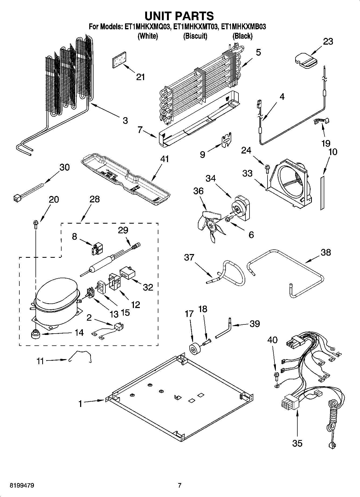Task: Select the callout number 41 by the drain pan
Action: (165, 159)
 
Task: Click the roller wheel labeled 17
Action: (193, 350)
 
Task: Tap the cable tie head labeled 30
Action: (17, 198)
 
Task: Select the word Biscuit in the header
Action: (195, 36)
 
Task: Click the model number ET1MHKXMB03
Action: (243, 27)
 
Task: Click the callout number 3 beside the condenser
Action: (125, 120)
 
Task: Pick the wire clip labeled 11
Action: (81, 356)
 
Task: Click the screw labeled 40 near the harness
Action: (275, 376)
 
